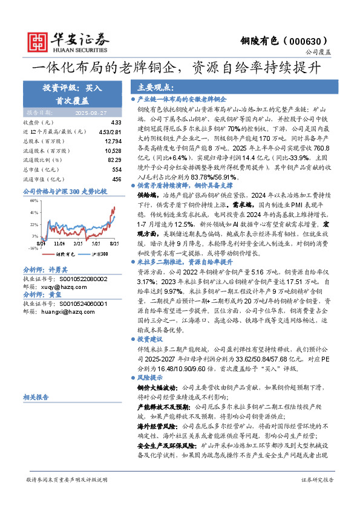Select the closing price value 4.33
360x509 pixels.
point(116,122)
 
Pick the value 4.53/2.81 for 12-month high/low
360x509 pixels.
point(110,131)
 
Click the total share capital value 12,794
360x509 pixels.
point(113,140)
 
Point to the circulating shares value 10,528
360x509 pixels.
point(113,150)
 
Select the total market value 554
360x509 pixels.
point(117,170)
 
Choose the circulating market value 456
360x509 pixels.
point(117,179)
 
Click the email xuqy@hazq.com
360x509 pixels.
point(60,287)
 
